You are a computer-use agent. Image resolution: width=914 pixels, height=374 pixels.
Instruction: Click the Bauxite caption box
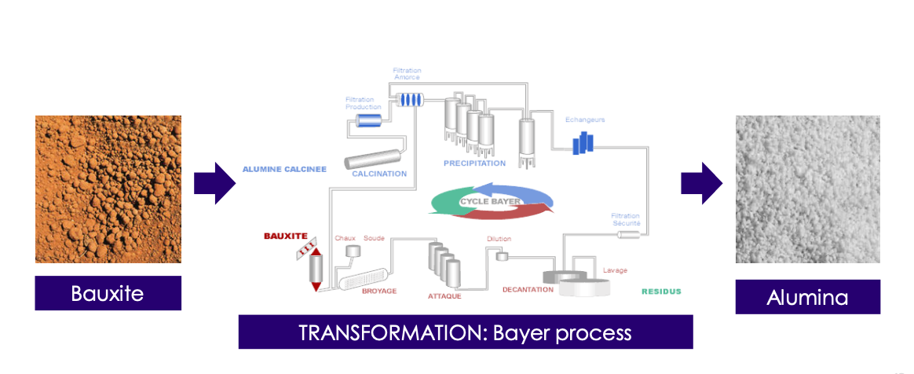(x=108, y=293)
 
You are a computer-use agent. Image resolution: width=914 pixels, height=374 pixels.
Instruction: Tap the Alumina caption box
(x=807, y=297)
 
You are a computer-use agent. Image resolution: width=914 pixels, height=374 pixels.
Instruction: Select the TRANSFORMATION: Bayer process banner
(x=465, y=332)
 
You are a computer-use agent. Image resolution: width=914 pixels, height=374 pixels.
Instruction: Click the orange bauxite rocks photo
(x=108, y=189)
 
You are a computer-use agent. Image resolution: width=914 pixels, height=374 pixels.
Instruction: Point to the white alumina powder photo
(x=807, y=189)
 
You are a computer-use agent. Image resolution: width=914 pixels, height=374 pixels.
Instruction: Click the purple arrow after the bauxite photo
(x=214, y=183)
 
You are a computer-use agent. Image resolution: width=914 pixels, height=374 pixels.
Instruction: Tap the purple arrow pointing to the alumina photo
(x=701, y=183)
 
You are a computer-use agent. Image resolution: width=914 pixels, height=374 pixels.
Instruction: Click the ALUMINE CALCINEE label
(x=284, y=169)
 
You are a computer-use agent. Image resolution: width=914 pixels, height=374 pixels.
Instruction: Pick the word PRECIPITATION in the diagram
(x=474, y=163)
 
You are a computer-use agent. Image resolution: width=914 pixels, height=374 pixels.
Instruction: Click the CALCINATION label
(x=379, y=174)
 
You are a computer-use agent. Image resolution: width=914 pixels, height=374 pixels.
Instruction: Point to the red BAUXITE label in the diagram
(x=284, y=236)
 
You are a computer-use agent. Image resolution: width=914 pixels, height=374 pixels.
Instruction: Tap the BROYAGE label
(x=379, y=291)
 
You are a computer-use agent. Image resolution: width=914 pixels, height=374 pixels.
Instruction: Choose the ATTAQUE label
(x=444, y=296)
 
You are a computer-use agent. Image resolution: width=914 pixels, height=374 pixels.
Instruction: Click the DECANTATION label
(x=528, y=290)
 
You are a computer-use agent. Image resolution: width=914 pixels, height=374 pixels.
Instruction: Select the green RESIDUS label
(x=661, y=291)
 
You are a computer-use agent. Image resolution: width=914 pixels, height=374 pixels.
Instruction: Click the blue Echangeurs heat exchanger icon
(x=582, y=143)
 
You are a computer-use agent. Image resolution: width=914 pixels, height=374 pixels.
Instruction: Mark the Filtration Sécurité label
(x=626, y=219)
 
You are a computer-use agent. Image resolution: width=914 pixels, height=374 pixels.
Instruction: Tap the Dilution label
(x=499, y=239)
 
